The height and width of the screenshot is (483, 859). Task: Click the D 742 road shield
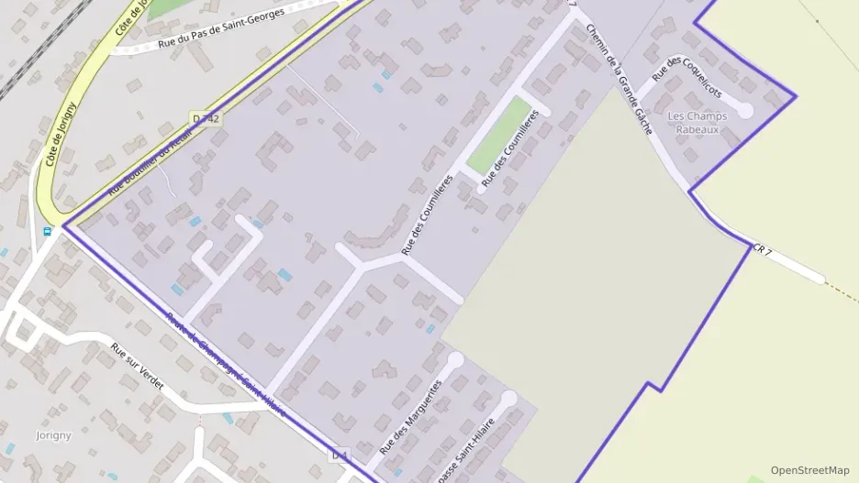tap(206, 118)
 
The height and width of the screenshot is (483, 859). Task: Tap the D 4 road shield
tap(340, 455)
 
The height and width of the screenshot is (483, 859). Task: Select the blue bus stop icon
tap(47, 232)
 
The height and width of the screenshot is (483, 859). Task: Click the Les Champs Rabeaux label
tap(697, 123)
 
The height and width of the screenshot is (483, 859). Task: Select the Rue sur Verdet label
tap(137, 366)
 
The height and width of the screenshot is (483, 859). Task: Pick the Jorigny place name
tap(52, 434)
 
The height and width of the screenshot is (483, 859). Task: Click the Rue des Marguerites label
tap(410, 417)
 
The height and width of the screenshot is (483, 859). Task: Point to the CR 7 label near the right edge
tap(763, 249)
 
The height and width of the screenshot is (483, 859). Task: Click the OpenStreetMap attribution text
tap(809, 470)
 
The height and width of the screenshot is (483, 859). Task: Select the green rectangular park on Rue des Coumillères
tap(498, 135)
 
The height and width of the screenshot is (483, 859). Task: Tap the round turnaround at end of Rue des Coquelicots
tap(744, 111)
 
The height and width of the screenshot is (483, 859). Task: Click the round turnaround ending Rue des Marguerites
tap(456, 360)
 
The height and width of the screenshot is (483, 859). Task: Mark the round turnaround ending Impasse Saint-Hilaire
tap(508, 399)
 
